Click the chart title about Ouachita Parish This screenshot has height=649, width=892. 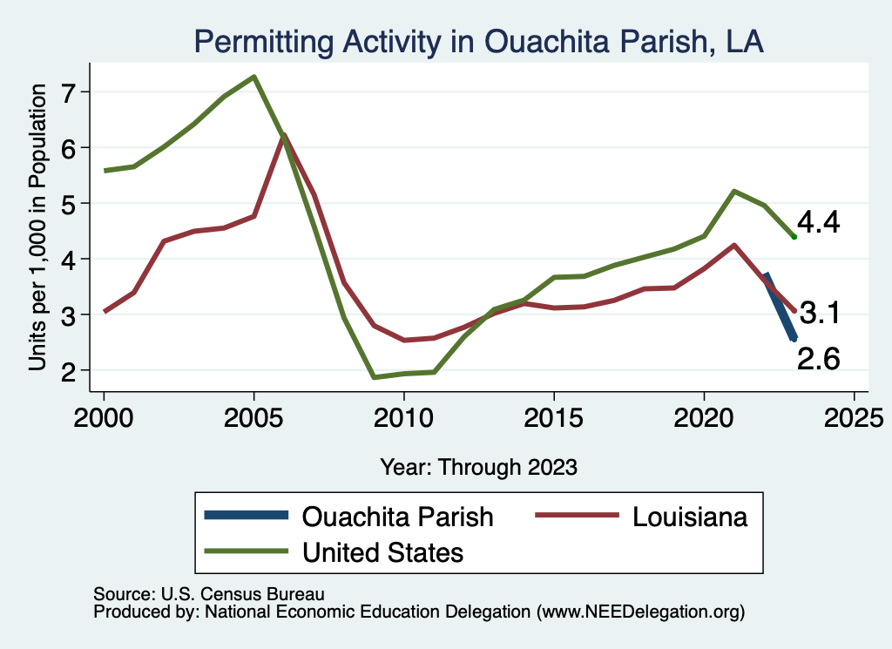coord(478,42)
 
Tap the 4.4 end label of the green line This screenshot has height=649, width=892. coord(818,223)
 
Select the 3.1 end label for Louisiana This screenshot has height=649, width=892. coord(819,313)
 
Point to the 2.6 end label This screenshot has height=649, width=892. coord(818,357)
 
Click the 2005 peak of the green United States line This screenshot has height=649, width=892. coord(253,77)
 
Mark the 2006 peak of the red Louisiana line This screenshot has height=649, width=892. coord(284,135)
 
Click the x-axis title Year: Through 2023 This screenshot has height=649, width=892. coord(478,467)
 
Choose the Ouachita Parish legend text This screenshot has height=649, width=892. coord(397,517)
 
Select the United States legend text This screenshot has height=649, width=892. coord(382,551)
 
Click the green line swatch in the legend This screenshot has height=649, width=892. coord(246,551)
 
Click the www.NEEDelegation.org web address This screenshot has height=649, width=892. coord(642,612)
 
